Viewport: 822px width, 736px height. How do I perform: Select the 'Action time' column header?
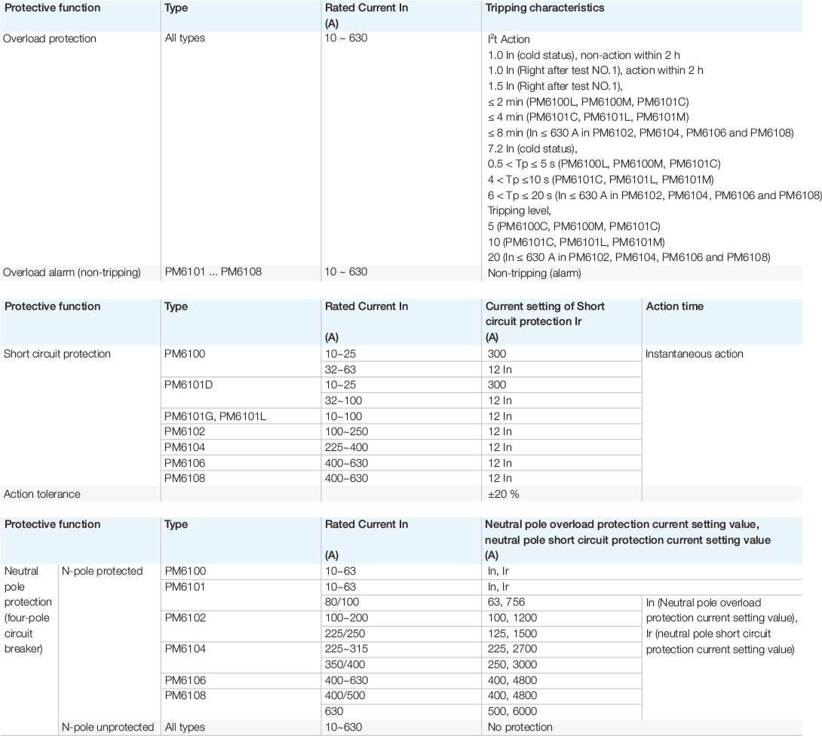[674, 307]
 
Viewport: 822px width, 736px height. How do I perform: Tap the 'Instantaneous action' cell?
[693, 354]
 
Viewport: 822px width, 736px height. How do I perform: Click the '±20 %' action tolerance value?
[504, 494]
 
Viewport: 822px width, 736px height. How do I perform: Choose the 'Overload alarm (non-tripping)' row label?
[72, 271]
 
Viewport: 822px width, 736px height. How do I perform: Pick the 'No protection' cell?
[520, 727]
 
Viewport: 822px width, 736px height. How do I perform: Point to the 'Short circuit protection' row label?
[57, 354]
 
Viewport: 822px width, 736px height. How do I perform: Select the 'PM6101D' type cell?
[188, 385]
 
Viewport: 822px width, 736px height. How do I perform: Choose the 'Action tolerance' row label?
[42, 494]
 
